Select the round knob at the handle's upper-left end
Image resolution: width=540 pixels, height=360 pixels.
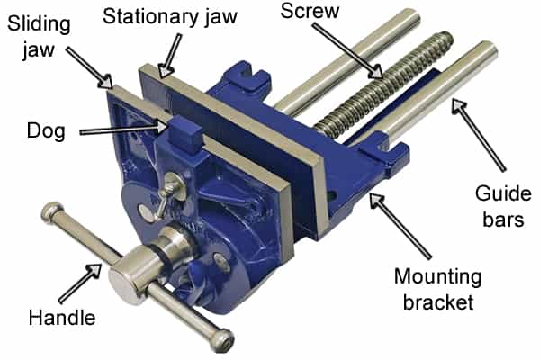[52, 216]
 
